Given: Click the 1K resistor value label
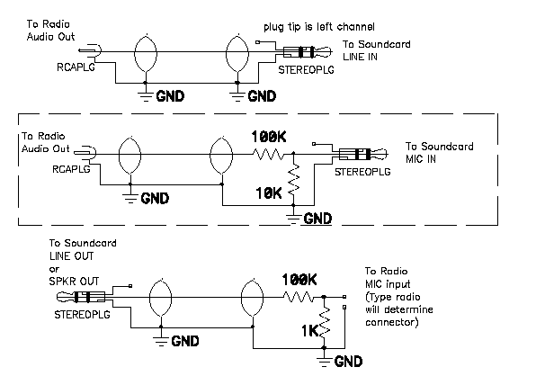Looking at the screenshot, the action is (x=309, y=331).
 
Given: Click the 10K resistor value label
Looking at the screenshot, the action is (x=269, y=193).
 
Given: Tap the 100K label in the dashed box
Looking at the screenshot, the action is (x=269, y=137).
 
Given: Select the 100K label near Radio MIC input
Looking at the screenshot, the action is (x=299, y=280).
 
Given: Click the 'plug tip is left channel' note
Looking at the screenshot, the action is (x=319, y=27).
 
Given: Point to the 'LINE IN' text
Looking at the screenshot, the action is (x=360, y=57).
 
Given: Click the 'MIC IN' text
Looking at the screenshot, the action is (x=421, y=159).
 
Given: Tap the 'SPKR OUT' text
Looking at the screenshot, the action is (x=74, y=281).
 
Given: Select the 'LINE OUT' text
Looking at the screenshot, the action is (x=71, y=255).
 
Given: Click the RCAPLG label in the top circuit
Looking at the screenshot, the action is (x=76, y=67).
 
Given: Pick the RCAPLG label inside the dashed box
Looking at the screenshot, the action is (x=71, y=169).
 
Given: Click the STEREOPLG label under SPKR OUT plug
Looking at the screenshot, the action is (x=83, y=314).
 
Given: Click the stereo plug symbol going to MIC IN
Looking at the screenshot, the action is (x=363, y=154).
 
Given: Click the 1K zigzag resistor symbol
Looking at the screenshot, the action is (x=325, y=322).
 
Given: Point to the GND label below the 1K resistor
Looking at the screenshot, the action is (x=348, y=362).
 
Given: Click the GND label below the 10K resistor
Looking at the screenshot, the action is (x=317, y=219).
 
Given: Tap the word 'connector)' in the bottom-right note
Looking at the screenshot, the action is (x=392, y=322).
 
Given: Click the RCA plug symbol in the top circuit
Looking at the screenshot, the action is (x=90, y=51).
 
